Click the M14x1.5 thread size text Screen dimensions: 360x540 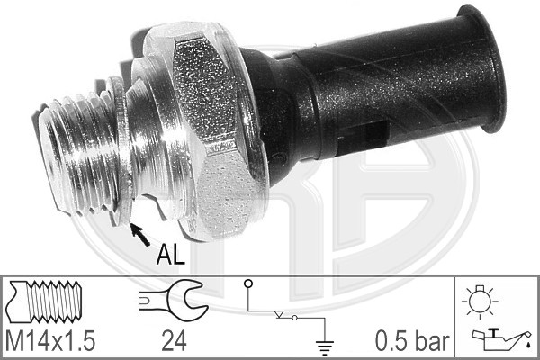(x=50, y=340)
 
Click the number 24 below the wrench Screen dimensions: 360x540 (x=173, y=340)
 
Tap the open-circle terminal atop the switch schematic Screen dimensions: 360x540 (x=247, y=285)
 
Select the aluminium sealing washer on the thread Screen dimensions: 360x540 (x=121, y=153)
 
